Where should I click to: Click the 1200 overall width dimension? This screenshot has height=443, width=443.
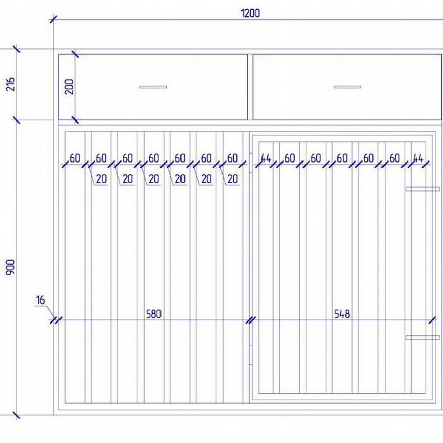pos(250,13)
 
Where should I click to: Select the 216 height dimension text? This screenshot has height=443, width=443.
pos(10,84)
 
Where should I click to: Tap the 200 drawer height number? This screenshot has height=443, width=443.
pos(69,87)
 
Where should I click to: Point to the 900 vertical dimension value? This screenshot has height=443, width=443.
pos(10,267)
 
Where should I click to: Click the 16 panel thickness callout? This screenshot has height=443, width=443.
pos(41,300)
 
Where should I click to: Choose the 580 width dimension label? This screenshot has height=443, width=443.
pos(154,314)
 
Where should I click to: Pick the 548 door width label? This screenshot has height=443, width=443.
pos(342,314)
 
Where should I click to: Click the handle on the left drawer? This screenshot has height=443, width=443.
pos(153,87)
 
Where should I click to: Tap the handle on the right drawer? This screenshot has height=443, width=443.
pos(347,87)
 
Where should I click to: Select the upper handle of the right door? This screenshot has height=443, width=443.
pos(422,189)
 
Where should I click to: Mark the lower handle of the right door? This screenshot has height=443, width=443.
pos(422,337)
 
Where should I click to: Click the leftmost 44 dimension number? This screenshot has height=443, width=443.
pos(266,158)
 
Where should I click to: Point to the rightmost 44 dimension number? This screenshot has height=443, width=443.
pos(418,158)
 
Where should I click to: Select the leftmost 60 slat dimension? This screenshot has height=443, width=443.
pos(75,158)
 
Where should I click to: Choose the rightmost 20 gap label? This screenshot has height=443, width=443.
pos(232,179)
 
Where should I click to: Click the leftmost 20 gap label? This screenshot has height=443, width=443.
pos(102,179)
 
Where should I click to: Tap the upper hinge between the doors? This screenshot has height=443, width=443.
pos(251,163)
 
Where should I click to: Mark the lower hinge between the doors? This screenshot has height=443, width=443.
pos(251,355)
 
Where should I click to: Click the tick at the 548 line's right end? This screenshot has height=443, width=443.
pos(432,320)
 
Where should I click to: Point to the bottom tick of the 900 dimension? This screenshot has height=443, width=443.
pos(17,415)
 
